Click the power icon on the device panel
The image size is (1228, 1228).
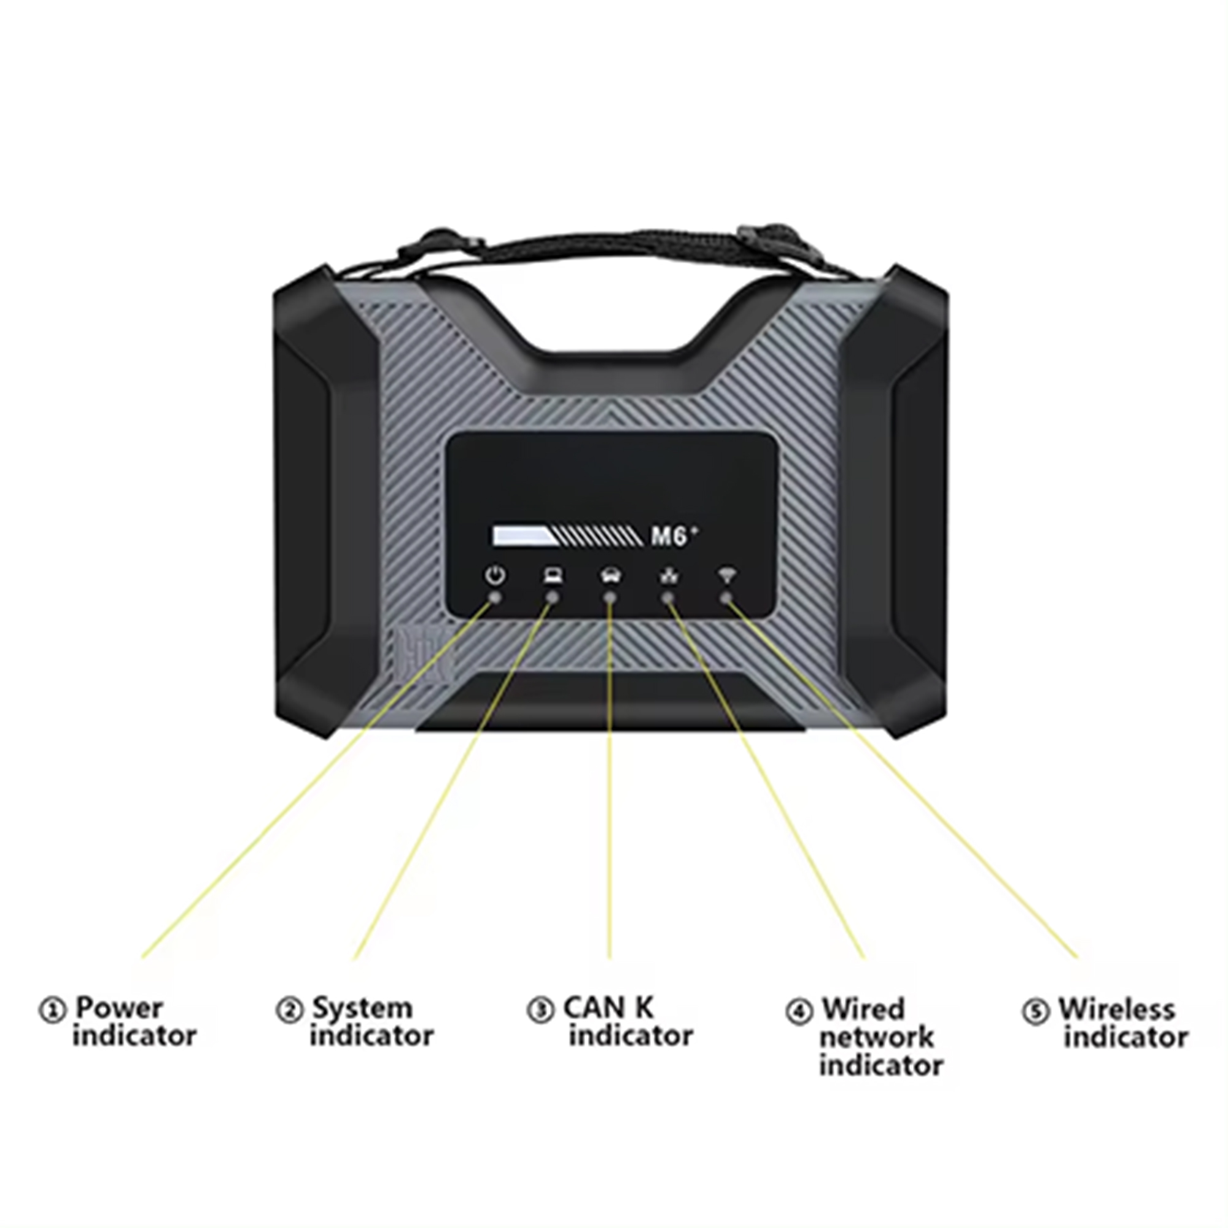click(x=495, y=576)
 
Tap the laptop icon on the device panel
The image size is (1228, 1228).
click(x=553, y=576)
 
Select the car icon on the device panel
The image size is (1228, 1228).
click(x=611, y=576)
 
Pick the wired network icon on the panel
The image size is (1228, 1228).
click(x=669, y=576)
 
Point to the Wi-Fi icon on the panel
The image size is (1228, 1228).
click(x=726, y=575)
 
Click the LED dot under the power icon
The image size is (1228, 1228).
click(x=495, y=597)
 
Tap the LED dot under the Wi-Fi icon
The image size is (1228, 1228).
click(x=726, y=597)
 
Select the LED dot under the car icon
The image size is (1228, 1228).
click(x=610, y=597)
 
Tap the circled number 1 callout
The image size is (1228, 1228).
click(x=52, y=1010)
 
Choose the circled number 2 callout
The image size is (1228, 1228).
click(x=289, y=1010)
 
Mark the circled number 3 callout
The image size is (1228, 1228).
click(x=541, y=1010)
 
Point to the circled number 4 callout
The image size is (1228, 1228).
click(x=799, y=1011)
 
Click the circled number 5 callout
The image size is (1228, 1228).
click(x=1035, y=1011)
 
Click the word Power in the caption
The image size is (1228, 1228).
click(x=119, y=1008)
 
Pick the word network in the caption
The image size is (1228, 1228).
click(x=877, y=1038)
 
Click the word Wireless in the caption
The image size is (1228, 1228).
click(x=1117, y=1009)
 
